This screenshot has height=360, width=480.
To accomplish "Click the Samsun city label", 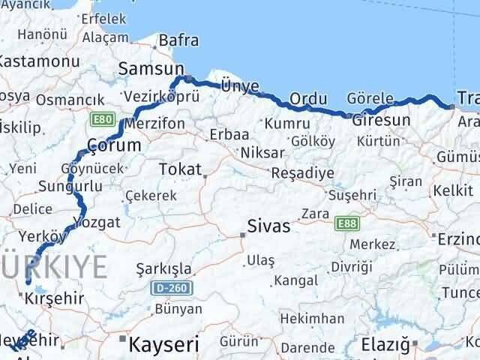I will point(145,69).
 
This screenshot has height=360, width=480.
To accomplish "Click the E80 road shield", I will point(102,118).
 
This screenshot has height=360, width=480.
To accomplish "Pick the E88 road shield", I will point(347,223).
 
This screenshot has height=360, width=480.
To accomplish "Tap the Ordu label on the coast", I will point(308,98).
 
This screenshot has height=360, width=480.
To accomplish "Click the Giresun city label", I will point(381,119).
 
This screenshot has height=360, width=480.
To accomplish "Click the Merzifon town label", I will point(156,122).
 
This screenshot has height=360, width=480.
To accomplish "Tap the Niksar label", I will point(262,152).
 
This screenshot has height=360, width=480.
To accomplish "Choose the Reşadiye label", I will point(302,172).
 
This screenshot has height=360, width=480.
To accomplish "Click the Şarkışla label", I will point(163,268).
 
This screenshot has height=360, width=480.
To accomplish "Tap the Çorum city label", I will point(114,144).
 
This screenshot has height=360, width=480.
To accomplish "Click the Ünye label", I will point(238,86).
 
